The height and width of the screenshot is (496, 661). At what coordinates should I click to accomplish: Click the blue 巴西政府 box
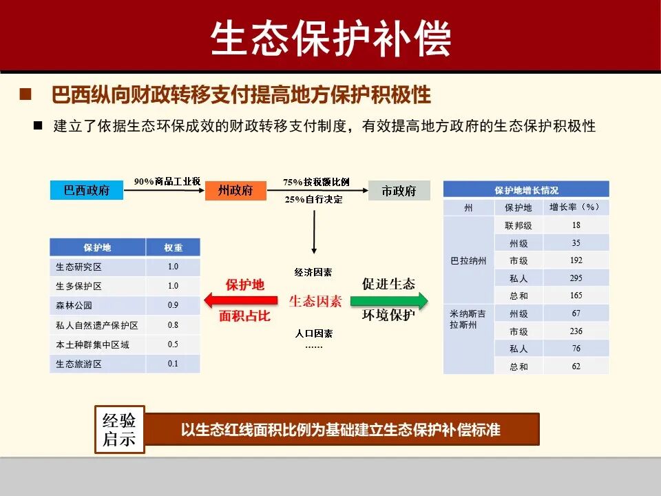point(87,191)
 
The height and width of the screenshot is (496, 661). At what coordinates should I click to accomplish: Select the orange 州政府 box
point(235,191)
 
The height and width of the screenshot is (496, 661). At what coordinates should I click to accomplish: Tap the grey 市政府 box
point(399,191)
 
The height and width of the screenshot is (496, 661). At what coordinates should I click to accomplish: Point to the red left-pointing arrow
point(241,300)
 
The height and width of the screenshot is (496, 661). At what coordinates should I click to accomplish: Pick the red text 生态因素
point(315,301)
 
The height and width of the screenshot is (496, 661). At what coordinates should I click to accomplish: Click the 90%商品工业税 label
point(167,181)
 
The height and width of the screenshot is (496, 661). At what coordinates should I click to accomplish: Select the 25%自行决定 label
point(313,200)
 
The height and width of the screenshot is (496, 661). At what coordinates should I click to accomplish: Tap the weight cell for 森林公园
point(173,305)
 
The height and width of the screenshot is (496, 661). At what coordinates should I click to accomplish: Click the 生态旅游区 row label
point(78,364)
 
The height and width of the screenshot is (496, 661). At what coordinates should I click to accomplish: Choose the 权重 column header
point(173,247)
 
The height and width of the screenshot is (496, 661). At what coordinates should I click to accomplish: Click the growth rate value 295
point(576,278)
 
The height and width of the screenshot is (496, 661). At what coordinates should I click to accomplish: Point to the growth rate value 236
point(576,331)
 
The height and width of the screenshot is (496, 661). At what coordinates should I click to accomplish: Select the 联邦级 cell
point(518,225)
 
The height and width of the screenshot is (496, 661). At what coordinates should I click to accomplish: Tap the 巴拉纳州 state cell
point(468,260)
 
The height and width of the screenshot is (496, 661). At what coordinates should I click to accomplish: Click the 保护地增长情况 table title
point(526,190)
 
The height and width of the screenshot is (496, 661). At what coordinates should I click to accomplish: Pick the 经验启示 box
point(119,430)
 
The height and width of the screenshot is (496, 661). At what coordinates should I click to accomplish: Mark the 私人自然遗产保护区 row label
point(97,324)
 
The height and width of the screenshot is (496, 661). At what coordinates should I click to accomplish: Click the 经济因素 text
point(313,272)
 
